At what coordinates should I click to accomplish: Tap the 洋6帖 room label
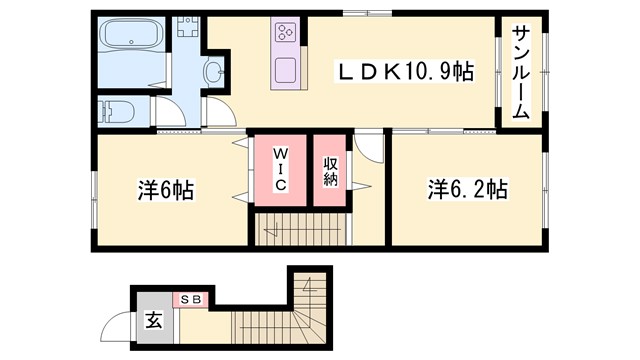[x=165, y=189]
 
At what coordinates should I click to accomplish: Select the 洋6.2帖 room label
[x=468, y=189]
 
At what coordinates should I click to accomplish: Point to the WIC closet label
[x=281, y=169]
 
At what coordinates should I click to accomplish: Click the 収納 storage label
[x=330, y=170]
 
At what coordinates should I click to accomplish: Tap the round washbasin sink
[x=213, y=71]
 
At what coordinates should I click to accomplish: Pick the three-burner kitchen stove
[x=284, y=33]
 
